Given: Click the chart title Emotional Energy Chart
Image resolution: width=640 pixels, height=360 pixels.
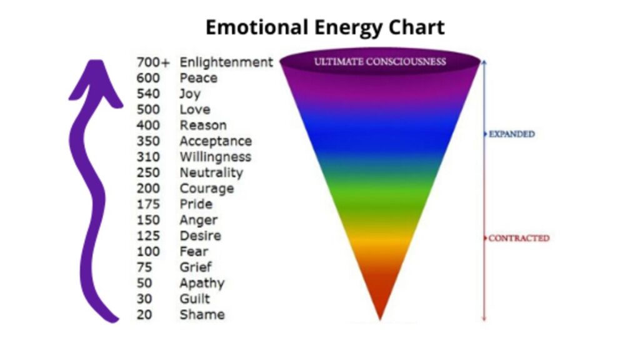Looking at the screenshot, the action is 325,28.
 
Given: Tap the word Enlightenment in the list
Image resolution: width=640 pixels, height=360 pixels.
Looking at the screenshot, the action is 226,62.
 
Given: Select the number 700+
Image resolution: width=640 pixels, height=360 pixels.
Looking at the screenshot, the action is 152,62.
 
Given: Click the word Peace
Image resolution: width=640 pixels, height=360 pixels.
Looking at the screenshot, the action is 198,78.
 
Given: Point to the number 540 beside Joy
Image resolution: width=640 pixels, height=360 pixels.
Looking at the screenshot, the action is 148,94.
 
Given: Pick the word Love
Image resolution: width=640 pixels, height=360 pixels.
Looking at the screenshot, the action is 195,109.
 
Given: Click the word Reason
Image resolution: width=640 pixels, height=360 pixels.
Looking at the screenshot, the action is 203,125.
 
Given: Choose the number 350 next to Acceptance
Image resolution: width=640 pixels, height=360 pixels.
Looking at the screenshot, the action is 148,141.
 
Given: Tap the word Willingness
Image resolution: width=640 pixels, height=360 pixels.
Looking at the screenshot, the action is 216,157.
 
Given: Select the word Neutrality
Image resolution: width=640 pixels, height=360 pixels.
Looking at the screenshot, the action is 211,173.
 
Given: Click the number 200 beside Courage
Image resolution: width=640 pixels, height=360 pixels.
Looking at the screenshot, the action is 148,189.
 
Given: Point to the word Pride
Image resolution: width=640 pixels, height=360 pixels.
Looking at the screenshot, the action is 196,204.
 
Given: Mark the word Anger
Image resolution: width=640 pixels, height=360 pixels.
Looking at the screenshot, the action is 199,221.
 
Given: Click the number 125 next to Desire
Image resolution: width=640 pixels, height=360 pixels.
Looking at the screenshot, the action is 148,236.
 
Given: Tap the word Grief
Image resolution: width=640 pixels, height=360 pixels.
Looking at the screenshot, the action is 196,267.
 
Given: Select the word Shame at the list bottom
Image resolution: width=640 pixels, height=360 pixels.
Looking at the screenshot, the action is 202,315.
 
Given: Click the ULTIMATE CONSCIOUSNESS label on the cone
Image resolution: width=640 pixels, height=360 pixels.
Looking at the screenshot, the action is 380,62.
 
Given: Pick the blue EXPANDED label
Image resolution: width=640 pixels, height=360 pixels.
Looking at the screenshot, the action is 512,134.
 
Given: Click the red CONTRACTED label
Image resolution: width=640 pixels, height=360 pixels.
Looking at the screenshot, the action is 519,238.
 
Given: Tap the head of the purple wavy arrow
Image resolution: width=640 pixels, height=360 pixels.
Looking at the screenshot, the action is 96,82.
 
